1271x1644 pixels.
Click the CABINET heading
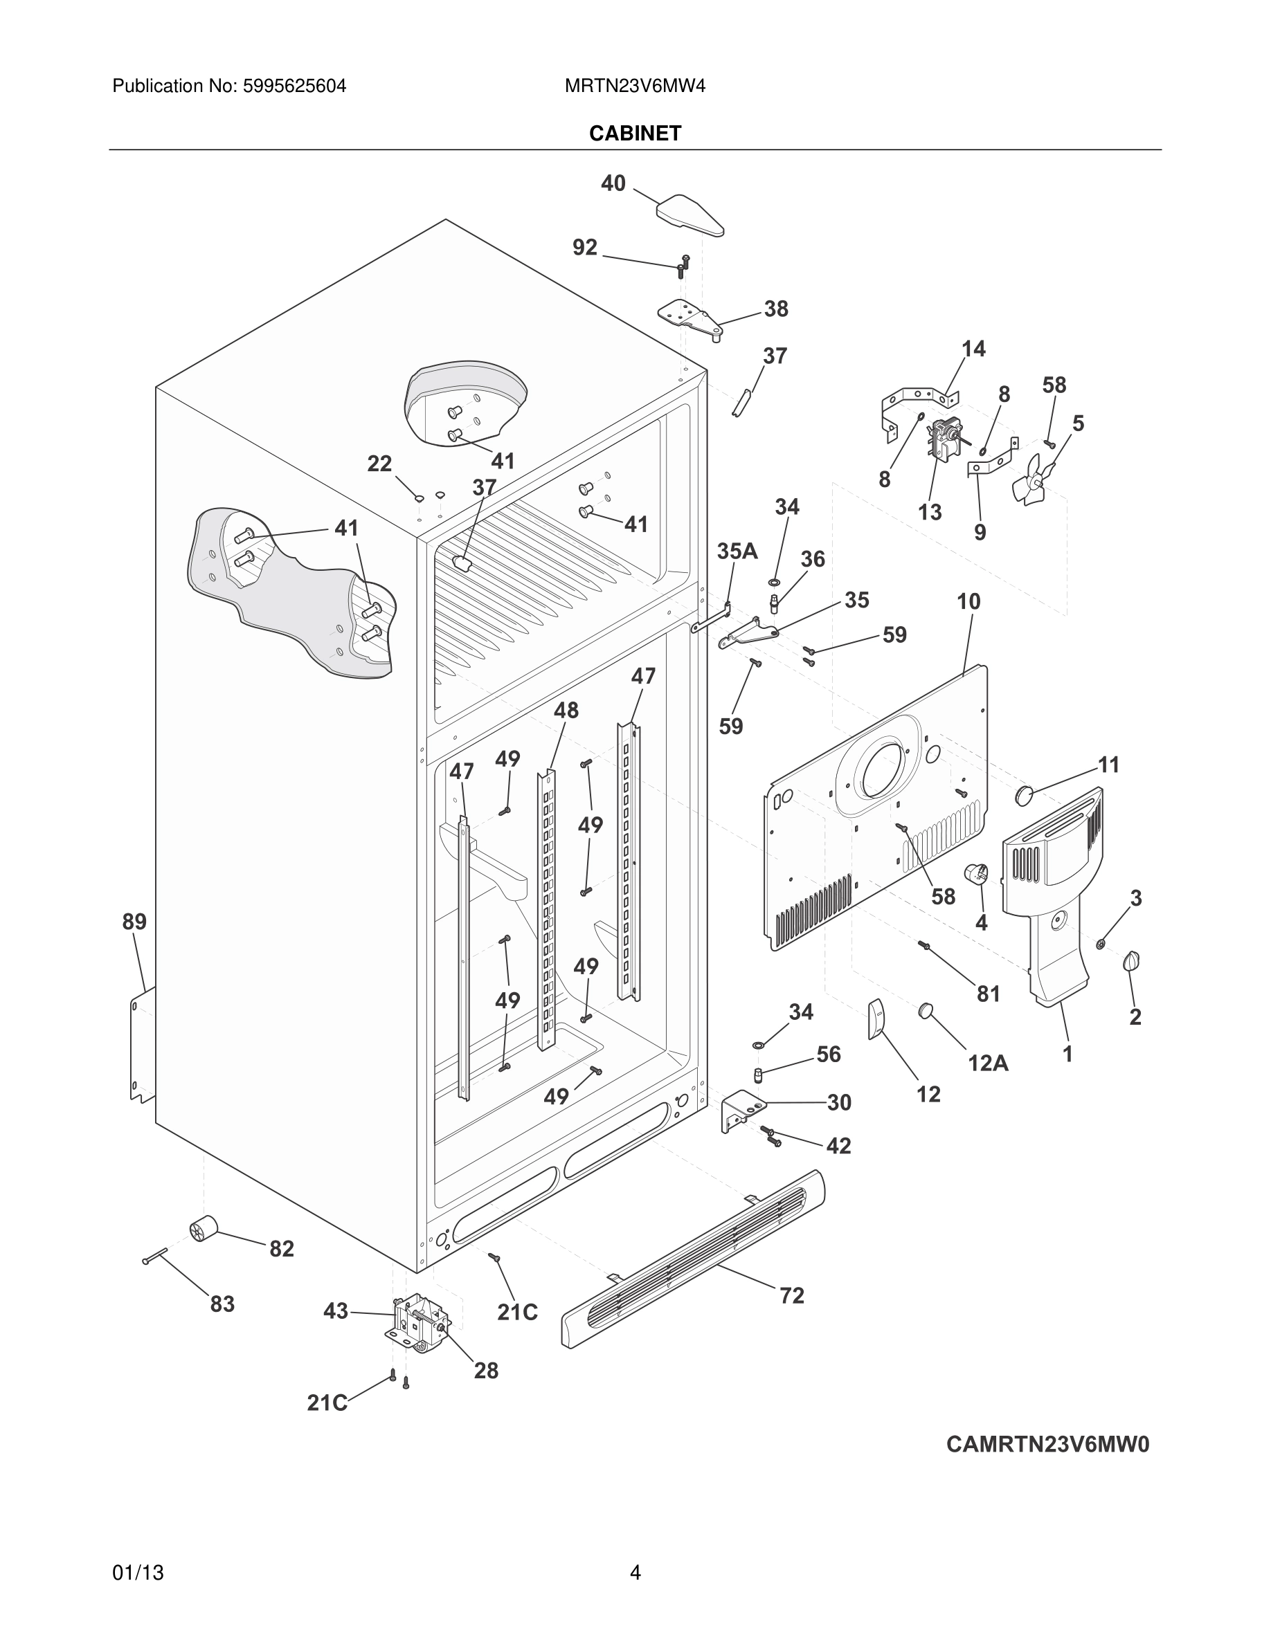click(635, 134)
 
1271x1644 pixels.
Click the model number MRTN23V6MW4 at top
click(635, 86)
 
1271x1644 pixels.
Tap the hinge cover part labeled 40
click(689, 214)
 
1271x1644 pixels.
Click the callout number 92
click(584, 247)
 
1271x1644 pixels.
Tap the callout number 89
click(135, 922)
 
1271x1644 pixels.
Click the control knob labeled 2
click(1131, 961)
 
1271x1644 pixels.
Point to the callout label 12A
click(988, 1063)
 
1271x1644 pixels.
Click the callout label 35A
click(737, 551)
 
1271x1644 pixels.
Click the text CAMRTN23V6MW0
click(1047, 1445)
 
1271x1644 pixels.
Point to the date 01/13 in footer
click(138, 1573)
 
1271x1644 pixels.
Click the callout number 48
click(566, 710)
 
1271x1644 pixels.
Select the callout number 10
click(968, 601)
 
